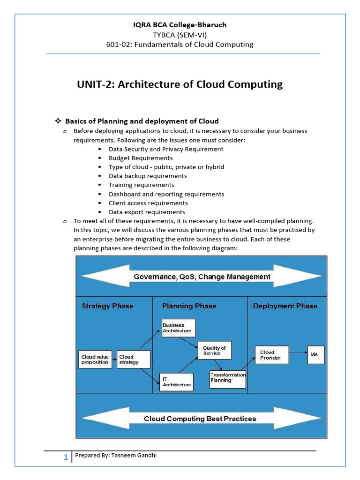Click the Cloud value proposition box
pyautogui.click(x=95, y=360)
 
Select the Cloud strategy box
pyautogui.click(x=134, y=360)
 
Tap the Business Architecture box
pyautogui.click(x=178, y=328)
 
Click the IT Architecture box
pyautogui.click(x=176, y=382)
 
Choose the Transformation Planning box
pyautogui.click(x=227, y=378)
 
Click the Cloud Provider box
pyautogui.click(x=271, y=355)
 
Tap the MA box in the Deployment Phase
pyautogui.click(x=315, y=355)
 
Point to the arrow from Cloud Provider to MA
pyautogui.click(x=298, y=352)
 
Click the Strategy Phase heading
pyautogui.click(x=107, y=306)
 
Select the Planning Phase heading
pyautogui.click(x=189, y=306)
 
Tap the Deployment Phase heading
pyautogui.click(x=285, y=306)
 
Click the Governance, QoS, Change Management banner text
pyautogui.click(x=202, y=277)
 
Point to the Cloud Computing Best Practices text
pyautogui.click(x=200, y=419)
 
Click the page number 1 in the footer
pyautogui.click(x=66, y=457)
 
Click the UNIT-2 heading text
pyautogui.click(x=180, y=85)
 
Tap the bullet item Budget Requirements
pyautogui.click(x=141, y=158)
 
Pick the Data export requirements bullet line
pyautogui.click(x=147, y=212)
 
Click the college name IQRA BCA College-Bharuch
pyautogui.click(x=180, y=24)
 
